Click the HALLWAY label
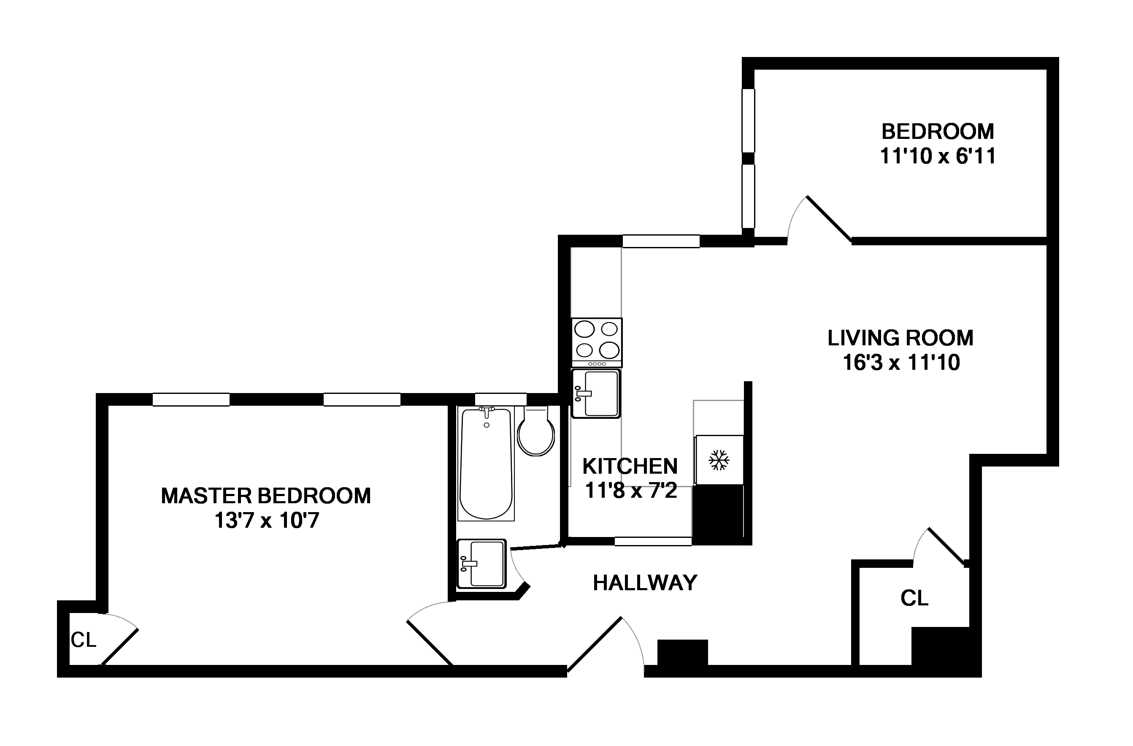click(x=645, y=583)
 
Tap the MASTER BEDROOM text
click(x=266, y=496)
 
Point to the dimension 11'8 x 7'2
click(x=630, y=490)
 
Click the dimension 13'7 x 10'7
click(x=267, y=521)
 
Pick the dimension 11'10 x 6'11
click(x=937, y=156)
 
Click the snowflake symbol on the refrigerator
click(x=719, y=460)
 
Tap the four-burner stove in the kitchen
click(x=597, y=342)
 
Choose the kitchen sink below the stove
click(x=596, y=393)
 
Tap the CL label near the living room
click(x=914, y=598)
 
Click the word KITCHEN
click(x=630, y=467)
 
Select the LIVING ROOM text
click(x=900, y=338)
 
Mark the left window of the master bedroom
click(x=191, y=399)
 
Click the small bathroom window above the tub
click(x=500, y=399)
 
